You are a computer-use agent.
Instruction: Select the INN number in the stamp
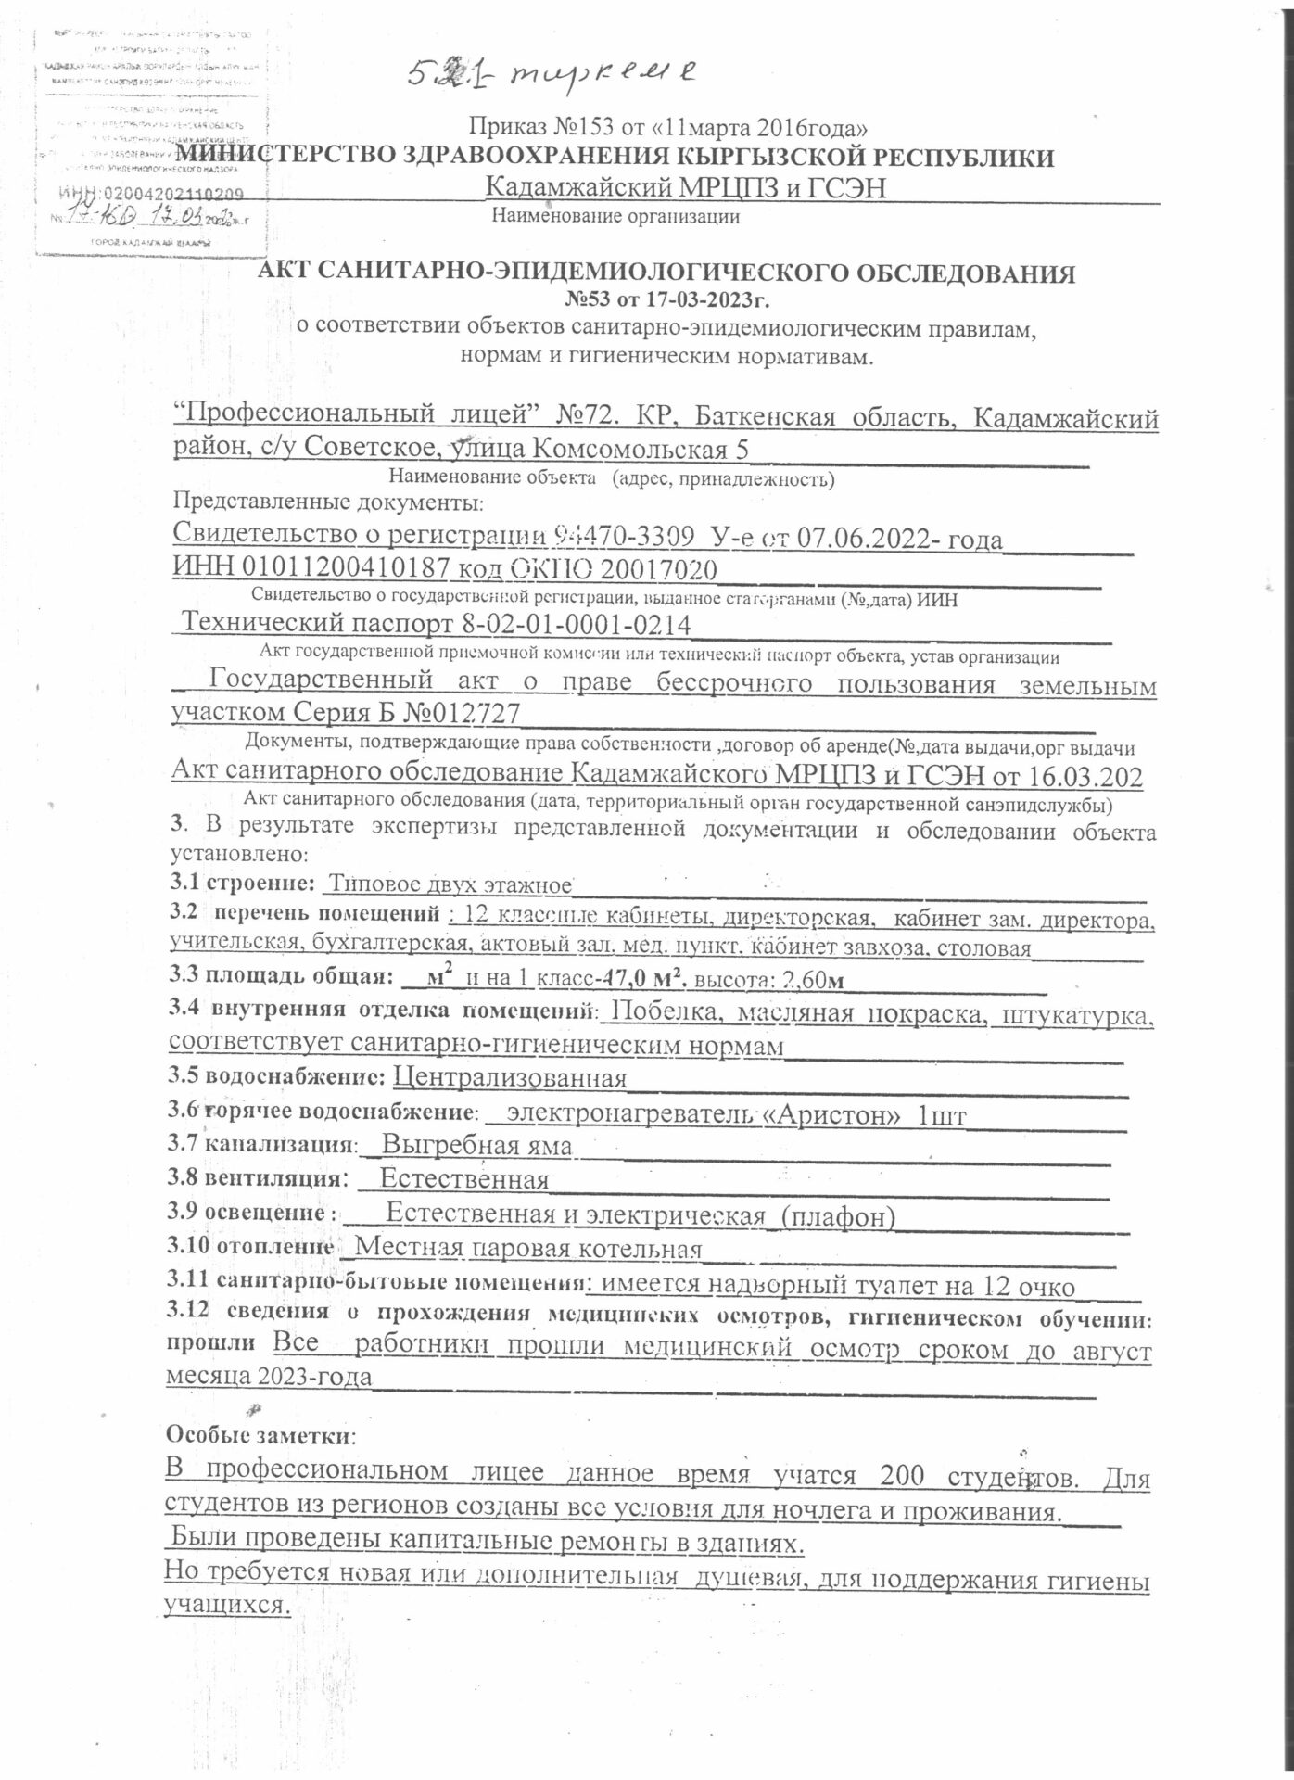tap(150, 195)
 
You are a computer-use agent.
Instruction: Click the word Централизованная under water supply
tap(510, 1077)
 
